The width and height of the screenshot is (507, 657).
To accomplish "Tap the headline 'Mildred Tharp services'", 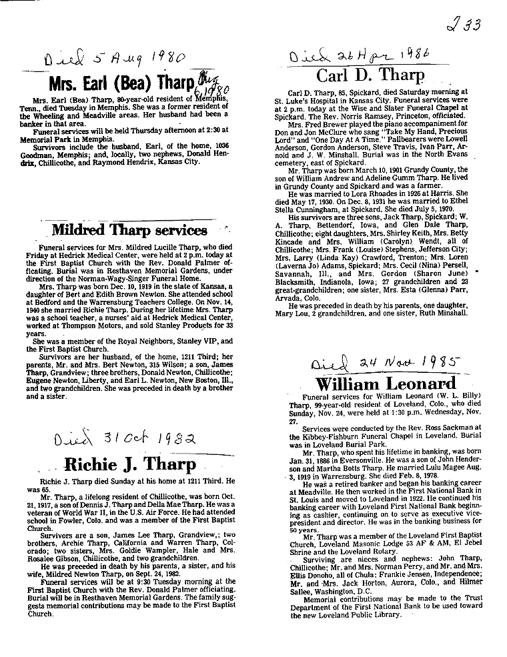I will pos(130,231).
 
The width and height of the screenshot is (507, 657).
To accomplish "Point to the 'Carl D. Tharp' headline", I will pos(370,74).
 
